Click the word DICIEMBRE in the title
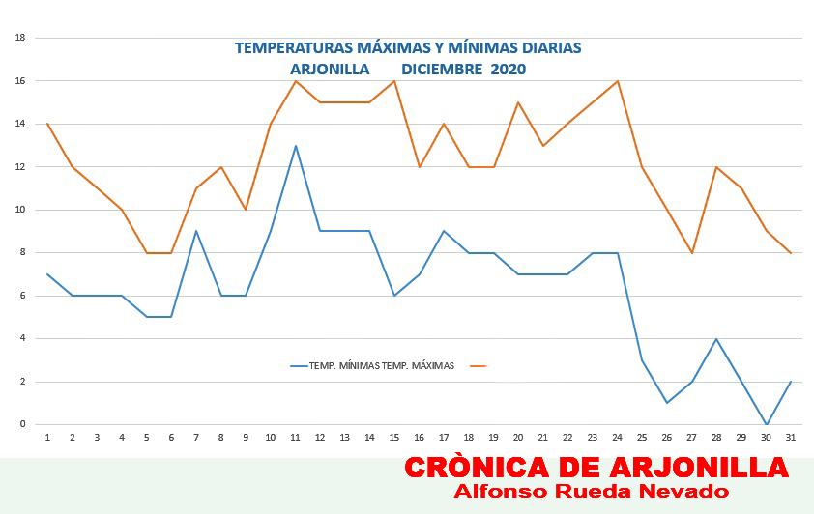pyautogui.click(x=443, y=69)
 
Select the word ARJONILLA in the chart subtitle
pyautogui.click(x=330, y=69)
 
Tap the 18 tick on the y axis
pyautogui.click(x=20, y=38)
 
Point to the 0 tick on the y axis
pyautogui.click(x=23, y=424)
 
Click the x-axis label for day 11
pyautogui.click(x=296, y=438)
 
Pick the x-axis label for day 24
pyautogui.click(x=617, y=438)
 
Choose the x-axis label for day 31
pyautogui.click(x=791, y=438)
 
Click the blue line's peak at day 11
pyautogui.click(x=296, y=146)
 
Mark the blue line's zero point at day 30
pyautogui.click(x=767, y=424)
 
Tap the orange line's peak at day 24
pyautogui.click(x=617, y=81)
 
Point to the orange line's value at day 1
pyautogui.click(x=47, y=124)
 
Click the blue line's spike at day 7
pyautogui.click(x=196, y=231)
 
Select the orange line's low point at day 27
pyautogui.click(x=691, y=252)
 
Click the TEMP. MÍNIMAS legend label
pyautogui.click(x=344, y=365)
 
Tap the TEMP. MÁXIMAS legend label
pyautogui.click(x=418, y=365)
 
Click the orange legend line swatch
pyautogui.click(x=479, y=365)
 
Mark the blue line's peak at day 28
pyautogui.click(x=716, y=339)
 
